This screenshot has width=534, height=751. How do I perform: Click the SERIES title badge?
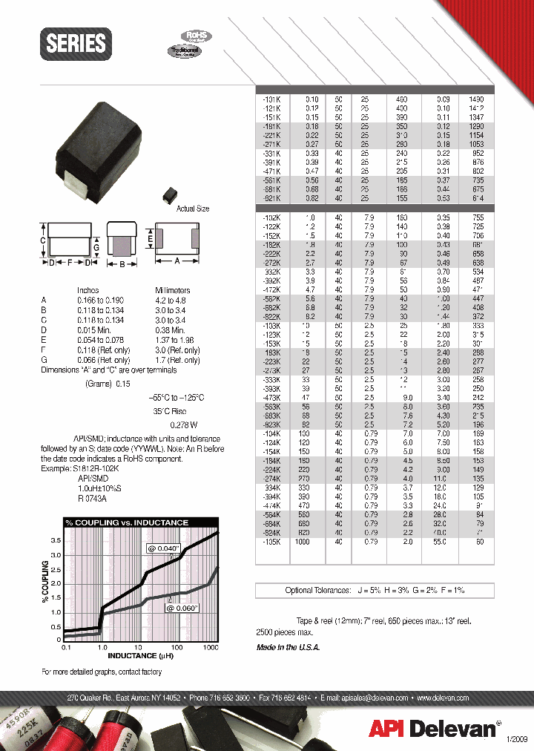click(x=76, y=43)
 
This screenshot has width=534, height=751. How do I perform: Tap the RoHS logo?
click(x=196, y=35)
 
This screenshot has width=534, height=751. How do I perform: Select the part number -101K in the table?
click(x=271, y=98)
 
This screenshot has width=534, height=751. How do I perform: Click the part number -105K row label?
click(x=271, y=542)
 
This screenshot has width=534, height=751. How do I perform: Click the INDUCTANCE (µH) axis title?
click(x=142, y=655)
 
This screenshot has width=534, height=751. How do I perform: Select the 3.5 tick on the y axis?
click(x=55, y=542)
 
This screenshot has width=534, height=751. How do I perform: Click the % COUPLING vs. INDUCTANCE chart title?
click(x=126, y=522)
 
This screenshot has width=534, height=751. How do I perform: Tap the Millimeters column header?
click(x=173, y=290)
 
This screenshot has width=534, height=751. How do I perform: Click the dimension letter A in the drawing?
click(x=179, y=260)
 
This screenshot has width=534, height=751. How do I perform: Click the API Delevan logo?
click(x=433, y=729)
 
